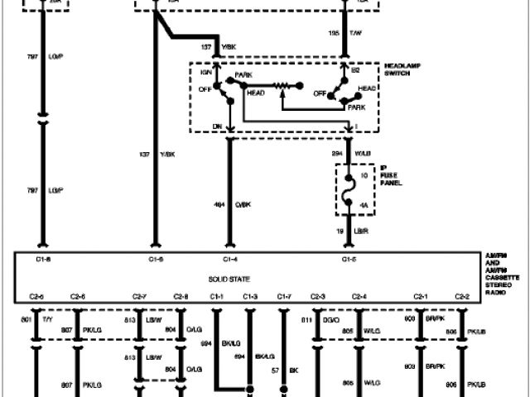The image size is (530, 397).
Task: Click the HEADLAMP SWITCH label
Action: point(403,69)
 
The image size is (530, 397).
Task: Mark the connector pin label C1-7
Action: point(283,296)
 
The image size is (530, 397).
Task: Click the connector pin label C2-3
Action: point(317,296)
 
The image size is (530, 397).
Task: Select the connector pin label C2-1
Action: point(422,296)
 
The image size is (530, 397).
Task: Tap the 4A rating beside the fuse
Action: point(362,203)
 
